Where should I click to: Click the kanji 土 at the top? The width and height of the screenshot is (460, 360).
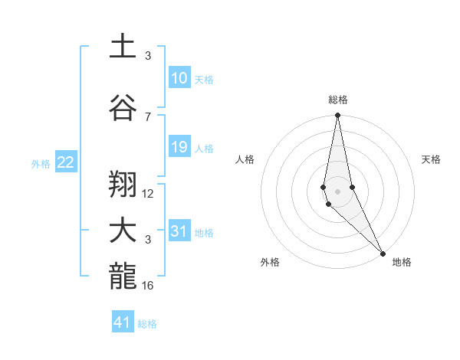(123, 46)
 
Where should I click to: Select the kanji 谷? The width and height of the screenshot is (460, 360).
(123, 108)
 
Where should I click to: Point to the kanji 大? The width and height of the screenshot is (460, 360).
(123, 231)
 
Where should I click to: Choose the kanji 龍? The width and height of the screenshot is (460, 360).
(123, 277)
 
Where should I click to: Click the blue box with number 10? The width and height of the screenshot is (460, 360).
(179, 79)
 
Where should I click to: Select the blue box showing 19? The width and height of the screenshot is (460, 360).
(179, 148)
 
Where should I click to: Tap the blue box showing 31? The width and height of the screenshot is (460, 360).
(179, 232)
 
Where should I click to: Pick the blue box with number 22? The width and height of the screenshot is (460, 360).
(66, 162)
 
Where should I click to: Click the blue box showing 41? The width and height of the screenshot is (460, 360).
(123, 322)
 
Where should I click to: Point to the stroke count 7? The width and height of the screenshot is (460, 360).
(148, 116)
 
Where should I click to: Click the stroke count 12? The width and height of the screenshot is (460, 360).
(148, 193)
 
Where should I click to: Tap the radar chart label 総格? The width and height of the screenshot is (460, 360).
(338, 100)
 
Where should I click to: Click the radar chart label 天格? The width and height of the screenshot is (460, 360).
(432, 159)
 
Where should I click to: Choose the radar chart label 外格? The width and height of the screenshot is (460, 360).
(270, 262)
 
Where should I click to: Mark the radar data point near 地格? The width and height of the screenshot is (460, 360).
(383, 253)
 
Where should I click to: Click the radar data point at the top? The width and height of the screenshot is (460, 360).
(337, 116)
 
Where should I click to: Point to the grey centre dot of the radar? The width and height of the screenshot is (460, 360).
(337, 191)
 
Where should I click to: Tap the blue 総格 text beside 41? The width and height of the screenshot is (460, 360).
(147, 324)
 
